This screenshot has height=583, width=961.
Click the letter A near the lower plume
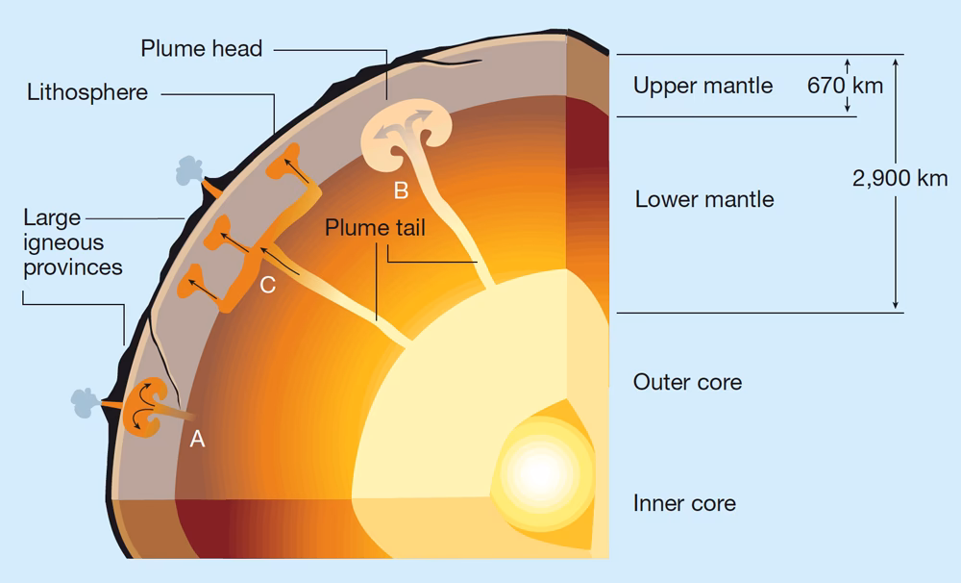[x=198, y=439]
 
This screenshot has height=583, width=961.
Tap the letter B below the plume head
[x=402, y=190]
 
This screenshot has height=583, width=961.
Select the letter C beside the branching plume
[x=268, y=285]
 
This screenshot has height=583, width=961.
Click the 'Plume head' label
[x=201, y=48]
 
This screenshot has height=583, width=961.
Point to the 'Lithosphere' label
[x=86, y=92]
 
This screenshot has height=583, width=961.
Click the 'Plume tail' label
[x=374, y=228]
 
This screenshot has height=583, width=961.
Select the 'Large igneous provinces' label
[x=72, y=241]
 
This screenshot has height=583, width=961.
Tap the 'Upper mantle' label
[x=702, y=86]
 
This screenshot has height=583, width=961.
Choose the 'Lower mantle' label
[x=704, y=200]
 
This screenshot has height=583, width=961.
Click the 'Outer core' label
[x=687, y=382]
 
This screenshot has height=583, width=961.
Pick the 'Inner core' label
[x=684, y=503]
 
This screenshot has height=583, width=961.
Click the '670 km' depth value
[x=845, y=86]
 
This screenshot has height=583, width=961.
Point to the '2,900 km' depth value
[x=899, y=178]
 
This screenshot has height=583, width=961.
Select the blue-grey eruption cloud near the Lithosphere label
[x=186, y=175]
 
